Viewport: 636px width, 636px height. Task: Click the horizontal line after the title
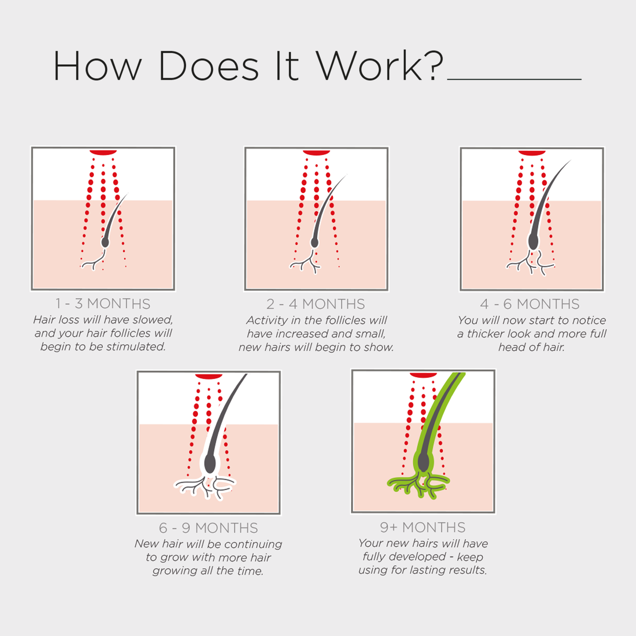point(514,79)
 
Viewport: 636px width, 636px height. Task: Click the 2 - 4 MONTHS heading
point(316,304)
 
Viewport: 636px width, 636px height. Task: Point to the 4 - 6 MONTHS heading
point(530,304)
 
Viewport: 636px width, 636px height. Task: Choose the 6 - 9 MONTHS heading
point(208,528)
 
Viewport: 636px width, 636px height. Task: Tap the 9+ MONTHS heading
point(423,527)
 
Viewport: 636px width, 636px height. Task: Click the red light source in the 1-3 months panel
point(103,152)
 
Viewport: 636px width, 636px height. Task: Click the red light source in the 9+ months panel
point(423,375)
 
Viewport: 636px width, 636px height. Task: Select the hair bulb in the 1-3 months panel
point(105,242)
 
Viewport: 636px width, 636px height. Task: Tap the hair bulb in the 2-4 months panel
point(315,243)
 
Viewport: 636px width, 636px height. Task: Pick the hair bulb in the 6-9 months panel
point(210,463)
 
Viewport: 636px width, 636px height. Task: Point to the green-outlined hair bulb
point(424,462)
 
